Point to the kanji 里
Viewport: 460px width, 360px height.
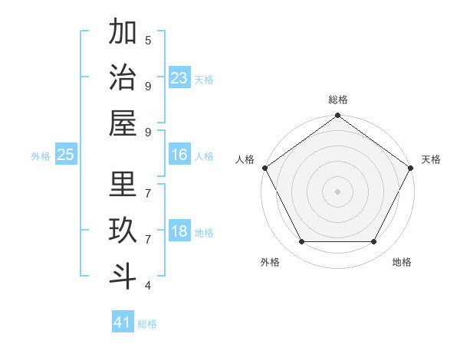(123, 185)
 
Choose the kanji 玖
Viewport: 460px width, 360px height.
(123, 231)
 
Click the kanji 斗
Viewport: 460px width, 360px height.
(123, 276)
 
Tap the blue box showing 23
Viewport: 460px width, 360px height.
(179, 77)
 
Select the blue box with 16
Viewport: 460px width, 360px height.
(179, 155)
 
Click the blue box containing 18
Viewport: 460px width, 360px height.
(179, 231)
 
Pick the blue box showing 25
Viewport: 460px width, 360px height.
(66, 155)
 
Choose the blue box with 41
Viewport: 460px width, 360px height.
(123, 322)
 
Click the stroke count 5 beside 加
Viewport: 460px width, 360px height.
(148, 40)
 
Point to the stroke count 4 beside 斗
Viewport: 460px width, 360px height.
(148, 286)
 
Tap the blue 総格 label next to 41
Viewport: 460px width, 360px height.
(147, 324)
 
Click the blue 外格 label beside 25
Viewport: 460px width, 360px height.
(41, 156)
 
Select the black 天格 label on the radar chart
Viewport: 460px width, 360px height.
(432, 159)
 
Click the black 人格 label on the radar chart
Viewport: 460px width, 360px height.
(245, 159)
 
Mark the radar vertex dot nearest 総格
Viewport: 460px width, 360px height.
(337, 116)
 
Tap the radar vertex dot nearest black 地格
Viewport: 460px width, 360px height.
(374, 242)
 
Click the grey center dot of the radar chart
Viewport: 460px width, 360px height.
(337, 191)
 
